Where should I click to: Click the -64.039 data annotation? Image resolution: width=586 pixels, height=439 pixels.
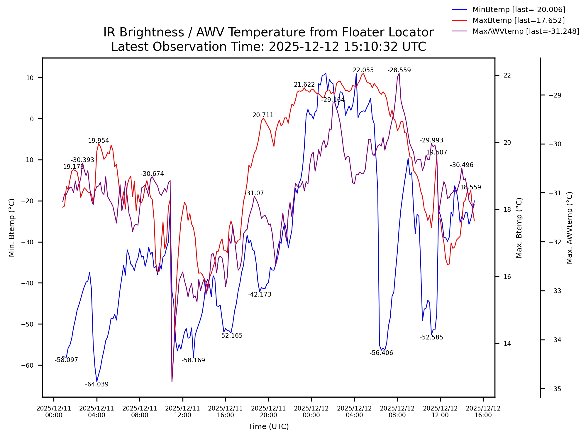97,384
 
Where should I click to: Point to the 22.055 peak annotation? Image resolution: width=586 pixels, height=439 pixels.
363,70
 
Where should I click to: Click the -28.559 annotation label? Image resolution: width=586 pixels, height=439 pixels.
399,70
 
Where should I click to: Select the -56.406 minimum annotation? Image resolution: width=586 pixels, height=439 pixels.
381,353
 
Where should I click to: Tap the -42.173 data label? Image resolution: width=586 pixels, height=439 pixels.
260,295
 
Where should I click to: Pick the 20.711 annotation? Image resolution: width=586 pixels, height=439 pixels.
263,115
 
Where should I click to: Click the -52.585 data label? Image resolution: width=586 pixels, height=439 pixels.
431,337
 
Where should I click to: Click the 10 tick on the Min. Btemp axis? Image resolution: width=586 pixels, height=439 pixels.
30,78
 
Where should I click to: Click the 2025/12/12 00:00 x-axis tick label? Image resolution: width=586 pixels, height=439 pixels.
311,412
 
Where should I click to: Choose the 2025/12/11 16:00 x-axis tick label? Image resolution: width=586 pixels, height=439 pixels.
225,412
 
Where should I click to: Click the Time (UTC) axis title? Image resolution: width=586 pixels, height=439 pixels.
268,427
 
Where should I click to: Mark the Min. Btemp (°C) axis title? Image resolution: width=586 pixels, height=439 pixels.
12,228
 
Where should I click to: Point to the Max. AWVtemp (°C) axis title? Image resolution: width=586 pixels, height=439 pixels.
570,228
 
